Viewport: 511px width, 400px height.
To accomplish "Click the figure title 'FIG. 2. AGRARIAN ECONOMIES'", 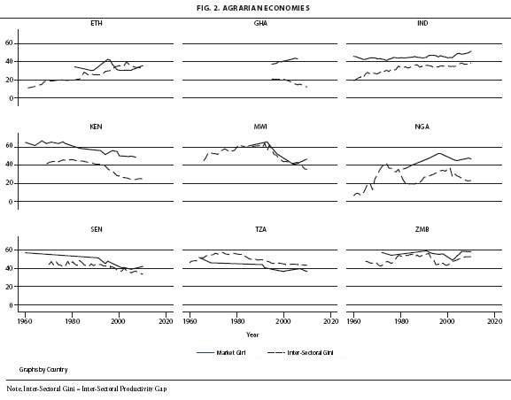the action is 253,8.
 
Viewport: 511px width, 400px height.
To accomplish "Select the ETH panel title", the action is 97,24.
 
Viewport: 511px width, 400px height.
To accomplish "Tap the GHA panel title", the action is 260,24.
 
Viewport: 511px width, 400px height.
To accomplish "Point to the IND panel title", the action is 422,24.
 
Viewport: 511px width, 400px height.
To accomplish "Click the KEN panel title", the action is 97,127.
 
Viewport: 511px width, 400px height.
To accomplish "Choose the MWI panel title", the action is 260,127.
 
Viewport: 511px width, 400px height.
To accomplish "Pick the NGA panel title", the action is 422,127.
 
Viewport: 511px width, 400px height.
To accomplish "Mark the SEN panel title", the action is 97,229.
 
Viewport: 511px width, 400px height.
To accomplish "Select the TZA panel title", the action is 260,229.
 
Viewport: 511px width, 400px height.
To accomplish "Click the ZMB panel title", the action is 422,229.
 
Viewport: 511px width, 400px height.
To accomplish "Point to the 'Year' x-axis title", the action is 252,335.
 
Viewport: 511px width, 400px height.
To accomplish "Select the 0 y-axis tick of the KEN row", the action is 12,202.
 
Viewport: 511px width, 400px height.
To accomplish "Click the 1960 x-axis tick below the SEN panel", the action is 25,321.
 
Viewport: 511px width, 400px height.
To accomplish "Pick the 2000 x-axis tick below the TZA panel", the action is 284,321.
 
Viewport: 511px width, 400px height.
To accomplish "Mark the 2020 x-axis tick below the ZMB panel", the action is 495,321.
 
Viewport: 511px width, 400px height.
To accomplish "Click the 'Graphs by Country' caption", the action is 43,370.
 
